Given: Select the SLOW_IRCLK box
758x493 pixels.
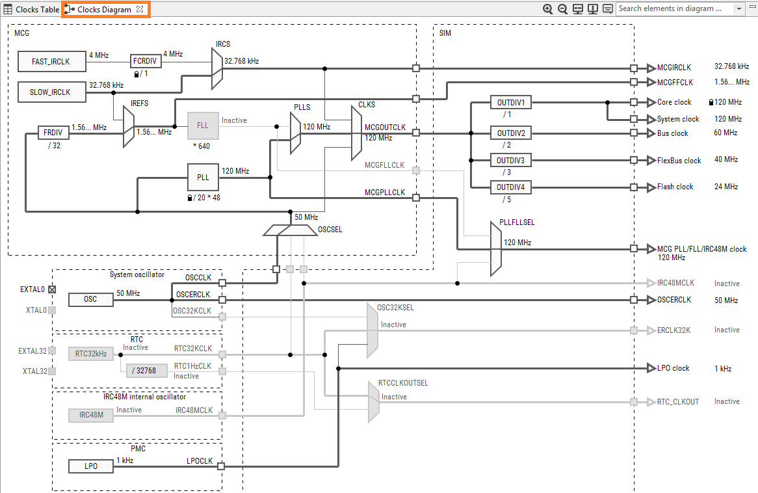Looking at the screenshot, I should [51, 92].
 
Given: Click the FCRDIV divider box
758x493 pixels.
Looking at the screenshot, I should [145, 61].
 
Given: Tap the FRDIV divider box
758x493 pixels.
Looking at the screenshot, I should [53, 133].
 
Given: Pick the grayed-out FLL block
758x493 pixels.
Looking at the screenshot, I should [203, 126].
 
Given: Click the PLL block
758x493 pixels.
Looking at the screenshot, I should [203, 177].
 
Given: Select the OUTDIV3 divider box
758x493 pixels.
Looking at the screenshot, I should [511, 160].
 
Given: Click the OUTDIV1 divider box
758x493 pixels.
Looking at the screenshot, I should [511, 103].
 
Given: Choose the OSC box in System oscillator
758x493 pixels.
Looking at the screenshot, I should [90, 299].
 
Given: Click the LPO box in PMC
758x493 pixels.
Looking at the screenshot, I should [90, 466].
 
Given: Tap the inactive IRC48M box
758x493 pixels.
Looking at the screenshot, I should [90, 415].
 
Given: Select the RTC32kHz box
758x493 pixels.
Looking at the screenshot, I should [90, 354].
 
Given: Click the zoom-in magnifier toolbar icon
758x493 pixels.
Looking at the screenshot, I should [548, 9].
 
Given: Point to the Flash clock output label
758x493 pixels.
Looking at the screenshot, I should [675, 187].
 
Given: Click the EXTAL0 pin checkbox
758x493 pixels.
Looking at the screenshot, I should [52, 289].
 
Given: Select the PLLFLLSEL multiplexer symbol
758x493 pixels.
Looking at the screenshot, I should [495, 248].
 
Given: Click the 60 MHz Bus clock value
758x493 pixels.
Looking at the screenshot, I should [725, 133].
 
